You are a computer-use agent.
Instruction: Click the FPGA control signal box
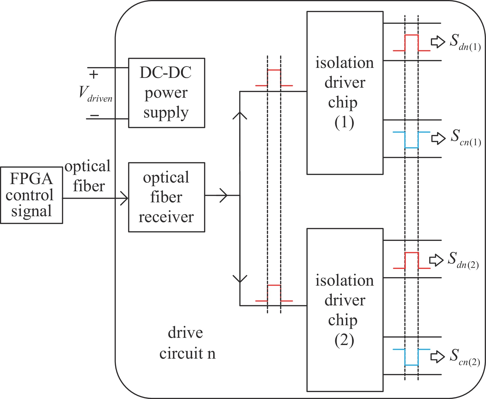(x=31, y=195)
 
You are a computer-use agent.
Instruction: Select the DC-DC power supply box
(x=166, y=93)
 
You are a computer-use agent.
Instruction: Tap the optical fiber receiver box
(x=166, y=197)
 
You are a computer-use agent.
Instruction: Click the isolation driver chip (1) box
(x=345, y=93)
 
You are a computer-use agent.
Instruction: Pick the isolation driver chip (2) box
(x=345, y=310)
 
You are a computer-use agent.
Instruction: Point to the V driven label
(x=95, y=94)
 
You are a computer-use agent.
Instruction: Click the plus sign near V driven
(x=94, y=75)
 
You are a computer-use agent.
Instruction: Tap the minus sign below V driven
(x=95, y=115)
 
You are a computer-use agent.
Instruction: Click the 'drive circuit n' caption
(x=187, y=343)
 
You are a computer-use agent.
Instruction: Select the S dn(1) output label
(x=465, y=43)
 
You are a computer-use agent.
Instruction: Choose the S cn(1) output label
(x=465, y=138)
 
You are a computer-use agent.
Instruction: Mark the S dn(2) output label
(x=463, y=260)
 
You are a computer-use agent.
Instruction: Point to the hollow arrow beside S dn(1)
(x=438, y=42)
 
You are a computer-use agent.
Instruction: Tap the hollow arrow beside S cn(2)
(x=437, y=357)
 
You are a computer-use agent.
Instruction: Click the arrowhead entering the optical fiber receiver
(x=124, y=198)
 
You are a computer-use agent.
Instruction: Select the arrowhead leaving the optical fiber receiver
(x=224, y=195)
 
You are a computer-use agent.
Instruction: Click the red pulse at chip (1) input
(x=274, y=77)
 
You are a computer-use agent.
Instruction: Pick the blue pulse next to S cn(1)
(x=412, y=140)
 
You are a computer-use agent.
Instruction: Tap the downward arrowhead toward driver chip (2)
(x=240, y=279)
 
